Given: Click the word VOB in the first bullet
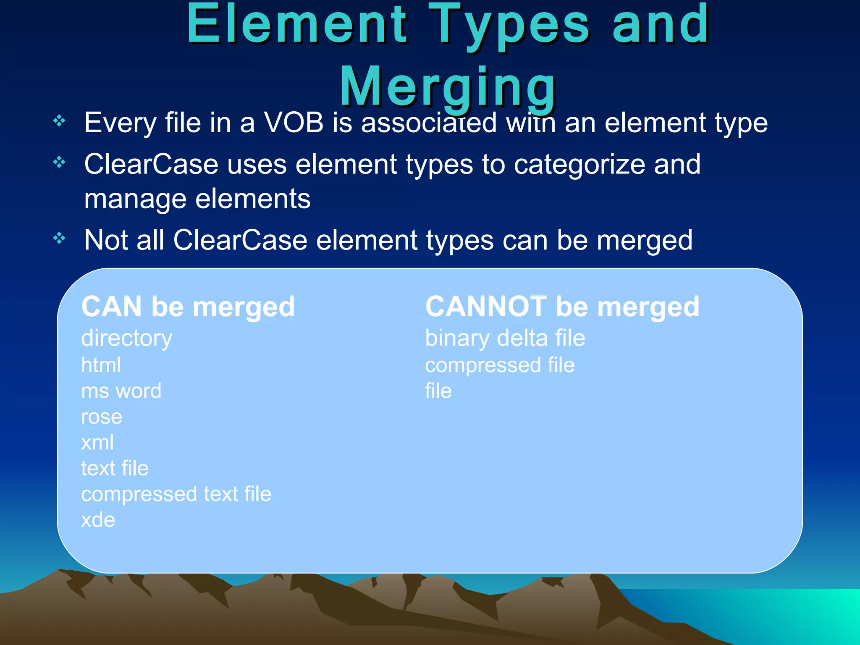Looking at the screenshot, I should (x=294, y=123).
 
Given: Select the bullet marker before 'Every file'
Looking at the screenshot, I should (x=60, y=121).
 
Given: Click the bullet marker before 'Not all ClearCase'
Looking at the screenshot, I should (x=60, y=239).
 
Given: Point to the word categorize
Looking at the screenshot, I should (x=579, y=165).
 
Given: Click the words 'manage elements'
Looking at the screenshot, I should (x=197, y=199).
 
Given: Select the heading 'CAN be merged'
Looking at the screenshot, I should (x=188, y=307).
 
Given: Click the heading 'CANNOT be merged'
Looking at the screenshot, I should (x=562, y=307).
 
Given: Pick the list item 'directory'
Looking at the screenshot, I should (x=127, y=338).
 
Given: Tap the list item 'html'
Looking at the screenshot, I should (x=101, y=365).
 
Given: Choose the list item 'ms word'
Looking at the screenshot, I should (x=121, y=391).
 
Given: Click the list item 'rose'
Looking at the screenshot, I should (x=102, y=417).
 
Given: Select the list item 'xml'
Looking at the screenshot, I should (x=97, y=443).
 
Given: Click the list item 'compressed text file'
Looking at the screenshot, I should (x=176, y=494).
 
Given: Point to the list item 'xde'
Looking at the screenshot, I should (x=98, y=520).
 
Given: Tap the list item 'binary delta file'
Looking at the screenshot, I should (x=505, y=338).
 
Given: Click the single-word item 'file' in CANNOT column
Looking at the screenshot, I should (x=438, y=391).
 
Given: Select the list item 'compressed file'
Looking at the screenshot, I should (x=500, y=365).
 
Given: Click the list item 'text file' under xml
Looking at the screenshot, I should (x=115, y=468).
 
